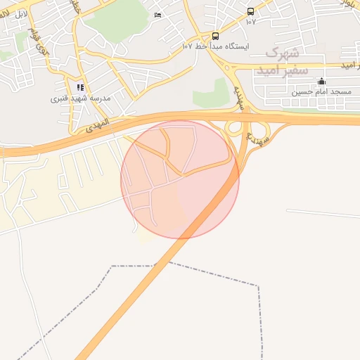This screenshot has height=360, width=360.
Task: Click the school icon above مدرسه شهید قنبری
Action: coord(80,88)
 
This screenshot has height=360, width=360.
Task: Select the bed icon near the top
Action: coord(157,15)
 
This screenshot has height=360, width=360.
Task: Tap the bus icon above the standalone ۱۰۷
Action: coord(251,11)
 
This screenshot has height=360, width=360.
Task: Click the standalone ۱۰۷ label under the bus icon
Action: coord(251,21)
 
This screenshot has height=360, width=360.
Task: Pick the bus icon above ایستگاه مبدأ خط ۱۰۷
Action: coord(215,36)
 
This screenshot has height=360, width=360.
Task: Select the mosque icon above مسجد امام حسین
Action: coord(322,82)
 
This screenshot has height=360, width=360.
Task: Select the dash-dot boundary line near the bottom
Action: coord(211,274)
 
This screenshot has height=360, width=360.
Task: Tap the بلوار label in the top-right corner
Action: coord(347,4)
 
